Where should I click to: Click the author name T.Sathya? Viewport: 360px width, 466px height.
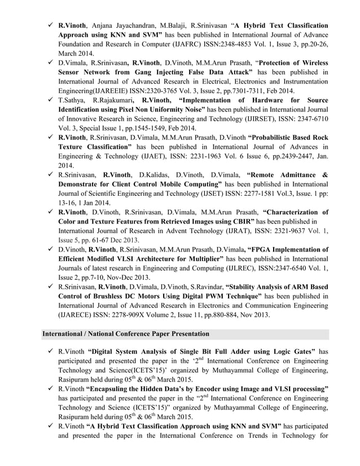click(73, 100)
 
